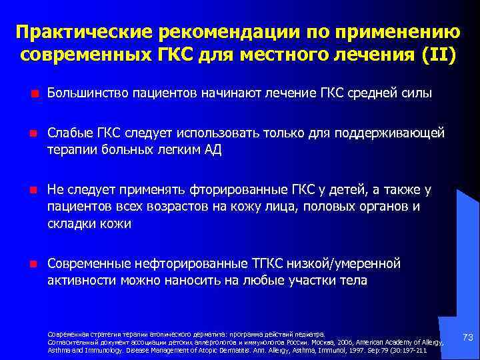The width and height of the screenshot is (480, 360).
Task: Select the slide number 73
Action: [467, 339]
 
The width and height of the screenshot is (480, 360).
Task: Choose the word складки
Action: [73, 224]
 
